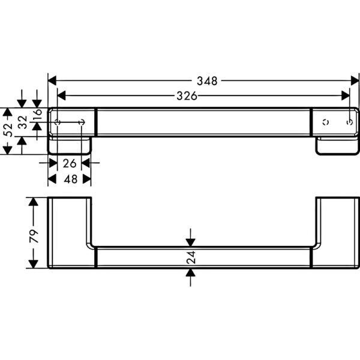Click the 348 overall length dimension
[x=207, y=81]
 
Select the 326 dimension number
[x=187, y=96]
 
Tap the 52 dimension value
[x=8, y=130]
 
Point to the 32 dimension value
[x=23, y=122]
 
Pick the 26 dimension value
[x=70, y=163]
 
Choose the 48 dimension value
[x=70, y=179]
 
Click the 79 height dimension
[x=34, y=236]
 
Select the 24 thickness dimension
[x=191, y=257]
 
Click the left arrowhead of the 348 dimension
[x=52, y=81]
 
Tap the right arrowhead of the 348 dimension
[x=355, y=81]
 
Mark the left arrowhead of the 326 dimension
[x=62, y=96]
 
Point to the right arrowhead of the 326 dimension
[x=346, y=96]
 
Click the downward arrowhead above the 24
[x=191, y=242]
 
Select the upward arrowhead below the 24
[x=191, y=272]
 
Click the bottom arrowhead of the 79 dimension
[x=34, y=264]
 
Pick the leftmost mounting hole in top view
[x=58, y=122]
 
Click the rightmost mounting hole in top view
[x=350, y=122]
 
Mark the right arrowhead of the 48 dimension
[x=87, y=179]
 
